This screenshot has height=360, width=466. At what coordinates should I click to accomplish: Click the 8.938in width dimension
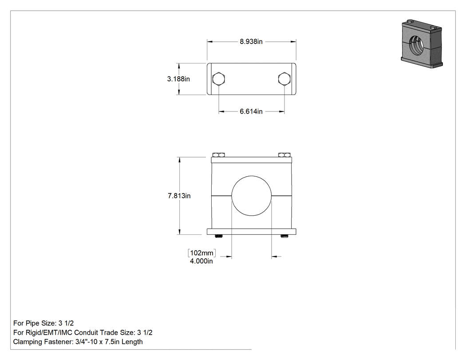(x=251, y=42)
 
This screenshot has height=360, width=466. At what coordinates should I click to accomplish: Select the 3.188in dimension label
(x=178, y=79)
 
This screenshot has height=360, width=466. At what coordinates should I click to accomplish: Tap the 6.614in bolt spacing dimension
(x=251, y=111)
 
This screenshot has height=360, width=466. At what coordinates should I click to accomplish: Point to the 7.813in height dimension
(x=179, y=196)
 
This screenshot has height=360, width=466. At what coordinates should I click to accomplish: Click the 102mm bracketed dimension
(x=202, y=253)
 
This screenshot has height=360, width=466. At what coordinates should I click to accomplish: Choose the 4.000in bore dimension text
(x=201, y=261)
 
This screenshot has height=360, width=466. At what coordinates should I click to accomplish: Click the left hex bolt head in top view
(x=219, y=79)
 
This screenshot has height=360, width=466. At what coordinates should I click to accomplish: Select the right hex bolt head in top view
(x=284, y=79)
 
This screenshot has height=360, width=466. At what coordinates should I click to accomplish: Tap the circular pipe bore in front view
(x=252, y=196)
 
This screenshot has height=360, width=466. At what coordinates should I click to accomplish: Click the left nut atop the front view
(x=218, y=155)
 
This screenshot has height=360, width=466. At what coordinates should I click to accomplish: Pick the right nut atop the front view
(x=284, y=155)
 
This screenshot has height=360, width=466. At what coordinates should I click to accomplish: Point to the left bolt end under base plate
(x=219, y=236)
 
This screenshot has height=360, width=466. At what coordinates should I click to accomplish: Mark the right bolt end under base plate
(x=284, y=236)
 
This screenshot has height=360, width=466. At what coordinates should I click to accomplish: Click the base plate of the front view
(x=252, y=232)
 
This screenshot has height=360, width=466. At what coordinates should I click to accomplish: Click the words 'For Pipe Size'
(x=35, y=323)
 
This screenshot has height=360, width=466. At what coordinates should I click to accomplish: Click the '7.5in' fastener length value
(x=112, y=342)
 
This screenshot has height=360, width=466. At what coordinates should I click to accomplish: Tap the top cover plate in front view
(x=252, y=160)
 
